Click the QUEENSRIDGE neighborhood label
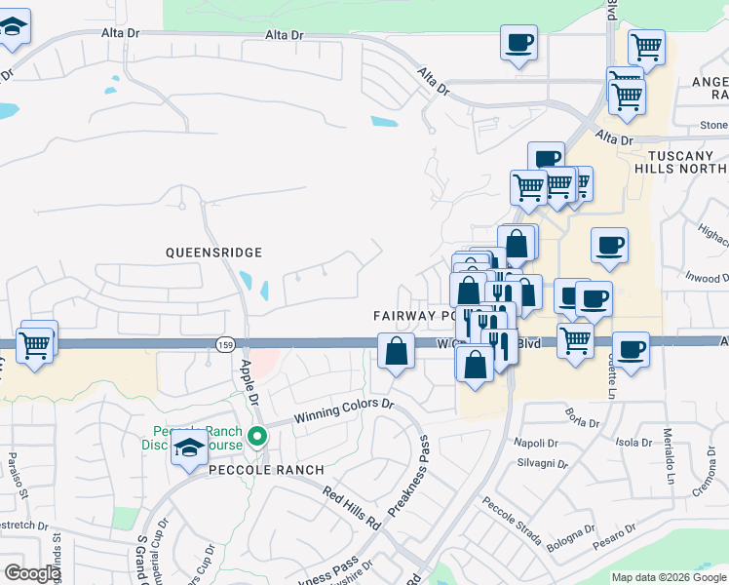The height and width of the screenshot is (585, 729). click(213, 253)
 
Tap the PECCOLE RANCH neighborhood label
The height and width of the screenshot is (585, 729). click(266, 470)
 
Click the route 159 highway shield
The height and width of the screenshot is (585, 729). click(222, 344)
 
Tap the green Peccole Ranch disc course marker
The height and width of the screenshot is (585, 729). click(257, 436)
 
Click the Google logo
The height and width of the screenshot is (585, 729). click(32, 573)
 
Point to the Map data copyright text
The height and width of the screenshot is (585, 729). click(669, 577)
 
